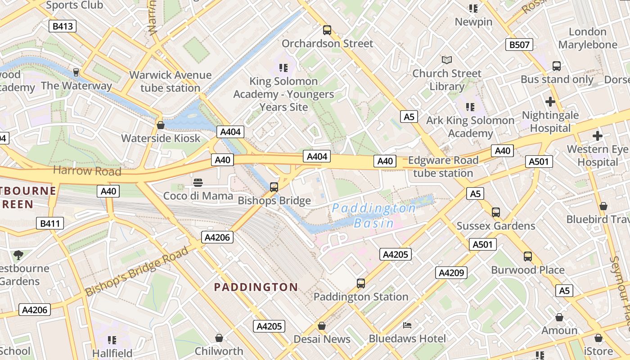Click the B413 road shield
click(x=63, y=26)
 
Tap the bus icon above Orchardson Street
click(x=327, y=30)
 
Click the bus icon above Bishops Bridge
click(x=274, y=187)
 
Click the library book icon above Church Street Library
click(x=446, y=60)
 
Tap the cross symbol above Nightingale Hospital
click(x=550, y=102)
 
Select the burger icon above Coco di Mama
click(x=198, y=182)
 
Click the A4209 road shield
click(x=451, y=273)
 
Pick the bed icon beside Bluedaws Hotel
click(x=407, y=325)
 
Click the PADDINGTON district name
click(x=256, y=287)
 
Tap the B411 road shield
click(x=50, y=223)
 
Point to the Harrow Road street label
click(x=87, y=171)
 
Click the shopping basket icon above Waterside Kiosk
click(x=160, y=125)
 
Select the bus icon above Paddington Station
click(x=360, y=283)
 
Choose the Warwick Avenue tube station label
click(x=170, y=81)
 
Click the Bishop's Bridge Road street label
click(x=137, y=271)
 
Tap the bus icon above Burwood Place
click(x=528, y=256)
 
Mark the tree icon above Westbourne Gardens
click(x=18, y=255)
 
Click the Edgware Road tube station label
click(x=443, y=166)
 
